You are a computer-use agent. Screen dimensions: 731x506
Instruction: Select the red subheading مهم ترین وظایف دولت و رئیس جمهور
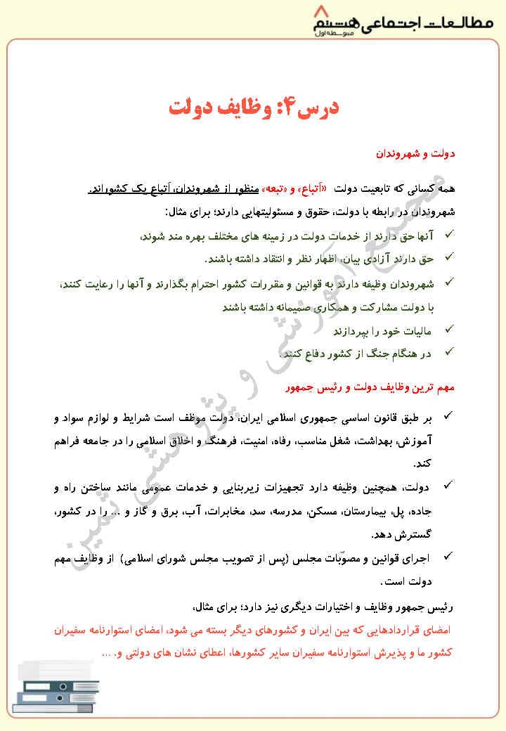tap(371, 387)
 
